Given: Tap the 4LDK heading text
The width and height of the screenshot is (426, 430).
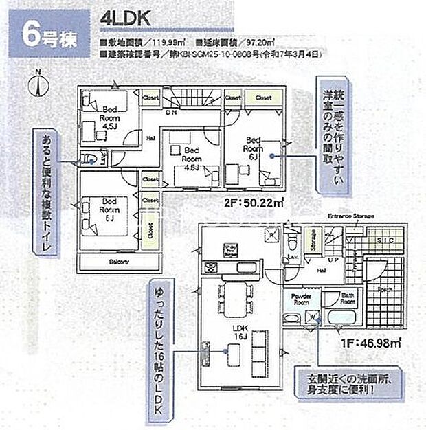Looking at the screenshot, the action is coord(127,20).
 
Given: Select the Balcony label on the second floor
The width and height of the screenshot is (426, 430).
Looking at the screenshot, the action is coord(120,262).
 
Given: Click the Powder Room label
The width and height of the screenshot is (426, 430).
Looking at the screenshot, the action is coord(303,299).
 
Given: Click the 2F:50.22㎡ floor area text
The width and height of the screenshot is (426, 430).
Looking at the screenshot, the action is coord(254,203).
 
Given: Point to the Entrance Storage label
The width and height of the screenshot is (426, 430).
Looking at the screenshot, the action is coord(350,216).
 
